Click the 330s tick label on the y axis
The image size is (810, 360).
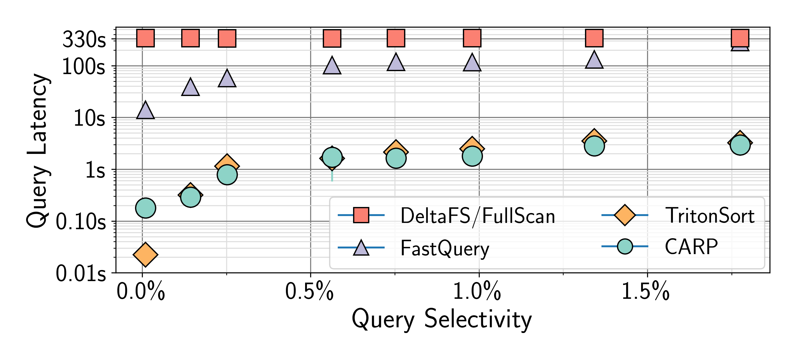(84, 40)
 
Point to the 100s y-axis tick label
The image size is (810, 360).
(84, 67)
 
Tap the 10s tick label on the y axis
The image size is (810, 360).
(89, 118)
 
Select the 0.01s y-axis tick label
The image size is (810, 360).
(81, 274)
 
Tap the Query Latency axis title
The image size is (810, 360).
(38, 151)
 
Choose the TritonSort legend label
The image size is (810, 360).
(710, 216)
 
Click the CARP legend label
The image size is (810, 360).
(691, 247)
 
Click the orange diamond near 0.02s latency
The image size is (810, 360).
(145, 254)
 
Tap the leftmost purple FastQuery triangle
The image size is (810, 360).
(145, 110)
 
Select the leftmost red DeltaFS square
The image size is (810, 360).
(145, 38)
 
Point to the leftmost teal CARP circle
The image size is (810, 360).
(145, 208)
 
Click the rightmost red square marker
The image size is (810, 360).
(740, 38)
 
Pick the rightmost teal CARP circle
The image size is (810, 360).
(740, 145)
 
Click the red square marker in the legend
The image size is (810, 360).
(361, 215)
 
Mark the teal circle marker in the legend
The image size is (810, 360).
(625, 246)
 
